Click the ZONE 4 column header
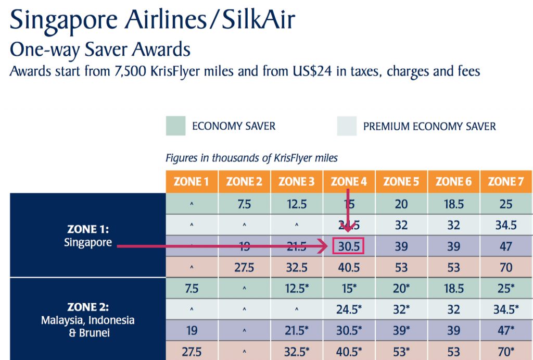point(349,182)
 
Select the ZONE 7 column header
point(506,182)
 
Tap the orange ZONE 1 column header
point(192,182)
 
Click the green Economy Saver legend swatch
point(175,126)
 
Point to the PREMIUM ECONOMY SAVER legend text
point(429,126)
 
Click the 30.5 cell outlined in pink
point(348,246)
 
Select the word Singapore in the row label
point(88,243)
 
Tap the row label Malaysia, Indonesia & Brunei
point(88,320)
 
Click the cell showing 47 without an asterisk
point(506,246)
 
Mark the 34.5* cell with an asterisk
point(506,309)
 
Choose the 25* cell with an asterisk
point(506,288)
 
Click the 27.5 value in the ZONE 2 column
point(244,267)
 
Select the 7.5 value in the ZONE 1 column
point(192,288)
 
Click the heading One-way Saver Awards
point(100,49)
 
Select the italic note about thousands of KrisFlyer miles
point(251,157)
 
